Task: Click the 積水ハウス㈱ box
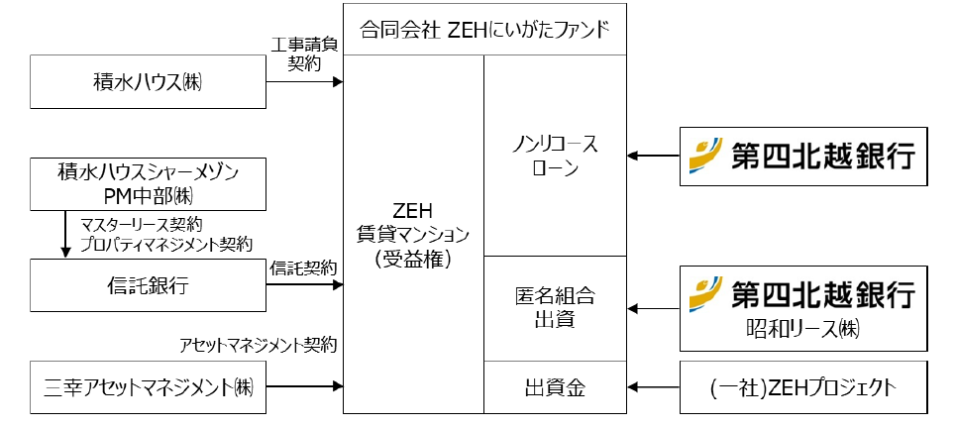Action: [149, 82]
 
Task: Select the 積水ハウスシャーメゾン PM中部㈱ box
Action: [149, 184]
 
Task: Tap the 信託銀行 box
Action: [149, 286]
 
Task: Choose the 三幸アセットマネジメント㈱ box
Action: [149, 387]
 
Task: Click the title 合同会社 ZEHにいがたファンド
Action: [483, 31]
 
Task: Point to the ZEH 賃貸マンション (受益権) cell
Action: [413, 234]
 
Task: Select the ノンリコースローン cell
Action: [555, 156]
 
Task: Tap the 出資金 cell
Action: [555, 387]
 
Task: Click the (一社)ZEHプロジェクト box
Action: [803, 387]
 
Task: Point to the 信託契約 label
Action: [303, 267]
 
